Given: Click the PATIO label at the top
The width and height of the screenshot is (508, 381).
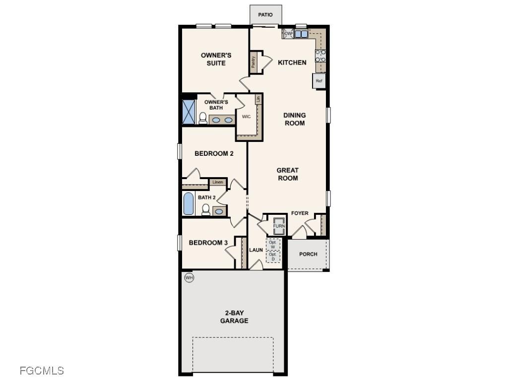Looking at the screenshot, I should tap(265, 15).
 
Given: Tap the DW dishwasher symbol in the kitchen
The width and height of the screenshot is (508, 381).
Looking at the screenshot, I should tap(288, 34).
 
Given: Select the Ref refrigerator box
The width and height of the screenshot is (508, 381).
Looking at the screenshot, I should tap(319, 81).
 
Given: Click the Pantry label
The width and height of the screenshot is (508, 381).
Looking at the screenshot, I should tap(254, 62).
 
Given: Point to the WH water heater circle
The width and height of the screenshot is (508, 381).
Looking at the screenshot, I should tap(189, 277).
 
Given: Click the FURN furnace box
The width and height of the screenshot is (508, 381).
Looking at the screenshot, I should tap(279, 226).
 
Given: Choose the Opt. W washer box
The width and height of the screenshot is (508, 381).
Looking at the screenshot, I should tap(273, 245).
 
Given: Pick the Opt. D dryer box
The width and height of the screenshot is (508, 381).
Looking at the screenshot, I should tap(273, 256).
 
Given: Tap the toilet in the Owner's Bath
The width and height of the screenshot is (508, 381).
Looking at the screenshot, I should tap(202, 118).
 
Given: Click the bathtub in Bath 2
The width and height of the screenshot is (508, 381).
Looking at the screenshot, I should tap(189, 203).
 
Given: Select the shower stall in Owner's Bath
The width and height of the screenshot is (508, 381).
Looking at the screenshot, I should tap(189, 112).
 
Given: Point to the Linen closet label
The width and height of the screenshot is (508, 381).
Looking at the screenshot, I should tap(217, 183).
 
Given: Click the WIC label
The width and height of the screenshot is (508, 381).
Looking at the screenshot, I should tap(246, 117).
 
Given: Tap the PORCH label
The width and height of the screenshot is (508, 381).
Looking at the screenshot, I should tap(309, 254).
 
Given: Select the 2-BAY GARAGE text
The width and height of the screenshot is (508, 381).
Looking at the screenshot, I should tap(234, 317).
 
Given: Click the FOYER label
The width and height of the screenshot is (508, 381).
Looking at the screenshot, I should tap(300, 213).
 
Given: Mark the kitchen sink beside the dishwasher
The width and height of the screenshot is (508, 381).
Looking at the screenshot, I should tap(301, 34).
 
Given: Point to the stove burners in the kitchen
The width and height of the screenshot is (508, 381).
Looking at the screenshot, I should tap(320, 56).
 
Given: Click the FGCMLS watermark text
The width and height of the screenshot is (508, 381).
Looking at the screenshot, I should tap(42, 370).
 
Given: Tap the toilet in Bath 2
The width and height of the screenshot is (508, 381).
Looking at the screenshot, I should tap(205, 209).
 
